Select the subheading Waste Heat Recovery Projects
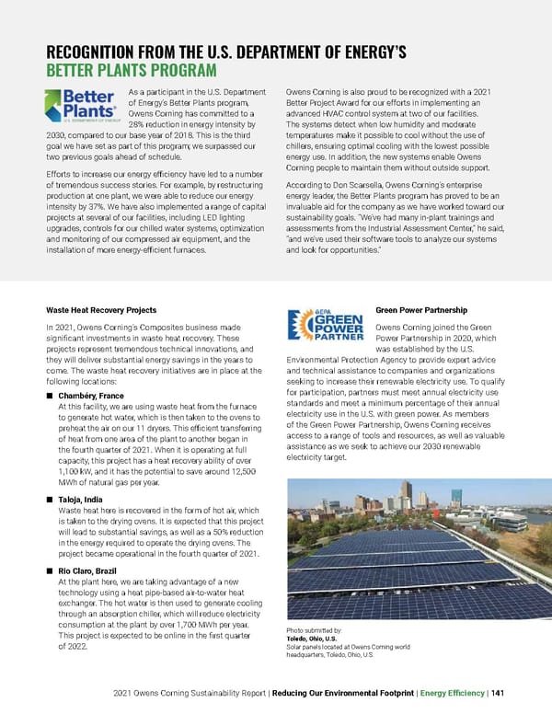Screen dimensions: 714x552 click(x=100, y=310)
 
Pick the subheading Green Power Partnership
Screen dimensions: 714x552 click(x=424, y=310)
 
